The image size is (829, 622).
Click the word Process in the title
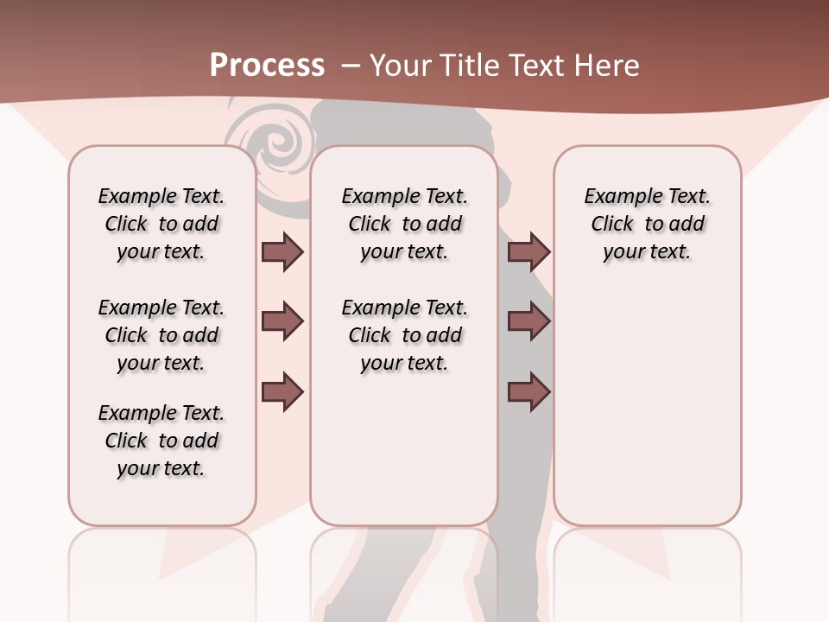pyautogui.click(x=267, y=66)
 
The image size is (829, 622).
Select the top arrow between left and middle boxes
pyautogui.click(x=282, y=251)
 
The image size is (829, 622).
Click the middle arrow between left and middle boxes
pyautogui.click(x=282, y=321)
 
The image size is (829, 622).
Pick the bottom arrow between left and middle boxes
pyautogui.click(x=282, y=391)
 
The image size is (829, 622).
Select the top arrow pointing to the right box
pyautogui.click(x=528, y=251)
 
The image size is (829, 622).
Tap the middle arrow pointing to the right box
pyautogui.click(x=528, y=321)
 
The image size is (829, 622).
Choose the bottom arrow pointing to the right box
pyautogui.click(x=528, y=391)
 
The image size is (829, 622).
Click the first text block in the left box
pyautogui.click(x=161, y=224)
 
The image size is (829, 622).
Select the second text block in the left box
pyautogui.click(x=161, y=335)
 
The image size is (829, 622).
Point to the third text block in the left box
pyautogui.click(x=161, y=441)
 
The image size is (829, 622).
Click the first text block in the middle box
pyautogui.click(x=405, y=224)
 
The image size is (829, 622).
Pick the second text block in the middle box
pyautogui.click(x=405, y=335)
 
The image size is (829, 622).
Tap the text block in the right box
pyautogui.click(x=648, y=224)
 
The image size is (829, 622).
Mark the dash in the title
pyautogui.click(x=351, y=66)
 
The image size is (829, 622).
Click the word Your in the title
pyautogui.click(x=398, y=66)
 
